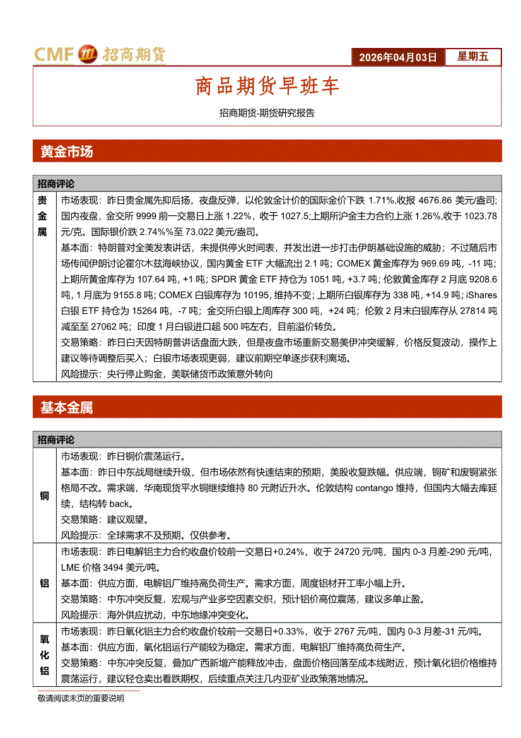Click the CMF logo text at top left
click(54, 56)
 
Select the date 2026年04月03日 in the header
click(397, 57)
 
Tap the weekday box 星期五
click(473, 57)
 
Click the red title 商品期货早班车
click(267, 86)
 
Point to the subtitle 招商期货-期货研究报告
click(267, 114)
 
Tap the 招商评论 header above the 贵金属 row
click(56, 184)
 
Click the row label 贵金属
click(42, 216)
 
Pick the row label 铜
click(45, 496)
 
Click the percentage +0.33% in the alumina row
click(288, 632)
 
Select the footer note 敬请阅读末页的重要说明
click(81, 698)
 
